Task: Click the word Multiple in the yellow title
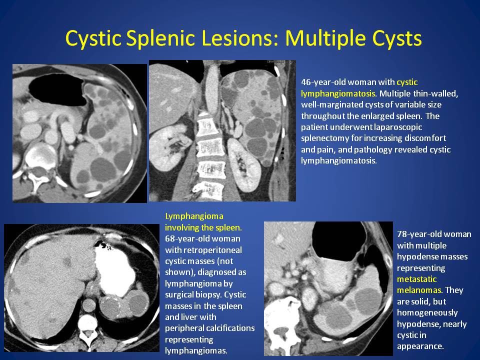[x=325, y=39]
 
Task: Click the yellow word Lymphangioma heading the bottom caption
[x=194, y=216]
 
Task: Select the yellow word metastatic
[x=416, y=279]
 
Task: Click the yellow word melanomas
[x=419, y=290]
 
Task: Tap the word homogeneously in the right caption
[x=427, y=313]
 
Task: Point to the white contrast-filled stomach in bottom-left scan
[x=114, y=269]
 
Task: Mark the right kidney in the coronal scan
[x=165, y=146]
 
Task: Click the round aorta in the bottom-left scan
[x=89, y=305]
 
